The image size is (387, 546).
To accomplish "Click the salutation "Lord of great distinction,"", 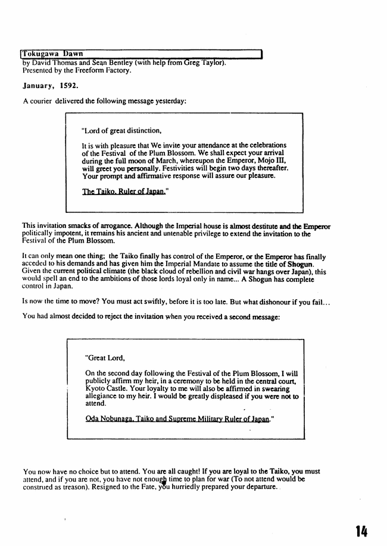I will point(121,130).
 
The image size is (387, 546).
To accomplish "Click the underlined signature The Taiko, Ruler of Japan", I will point(124,192).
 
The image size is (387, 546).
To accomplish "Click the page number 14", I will point(361,531).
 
